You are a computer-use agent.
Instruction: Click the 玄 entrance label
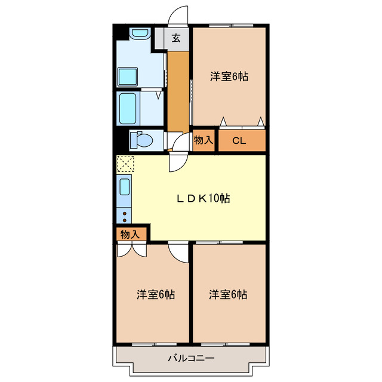[177, 39]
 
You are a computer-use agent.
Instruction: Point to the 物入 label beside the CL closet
[204, 141]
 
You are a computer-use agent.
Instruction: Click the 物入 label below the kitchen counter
[130, 234]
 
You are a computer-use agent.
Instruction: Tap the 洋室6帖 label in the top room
[229, 76]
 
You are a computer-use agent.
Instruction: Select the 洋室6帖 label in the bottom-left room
[156, 294]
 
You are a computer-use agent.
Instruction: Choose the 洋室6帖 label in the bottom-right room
[228, 294]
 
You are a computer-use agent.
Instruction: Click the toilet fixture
[141, 140]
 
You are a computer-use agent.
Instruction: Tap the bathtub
[129, 107]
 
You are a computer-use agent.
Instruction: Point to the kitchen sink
[125, 187]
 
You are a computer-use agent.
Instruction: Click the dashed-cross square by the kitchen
[125, 163]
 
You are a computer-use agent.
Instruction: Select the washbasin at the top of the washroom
[139, 34]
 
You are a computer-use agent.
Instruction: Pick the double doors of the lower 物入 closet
[131, 249]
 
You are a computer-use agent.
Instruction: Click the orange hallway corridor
[177, 90]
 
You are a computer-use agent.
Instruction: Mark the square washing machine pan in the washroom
[128, 76]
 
